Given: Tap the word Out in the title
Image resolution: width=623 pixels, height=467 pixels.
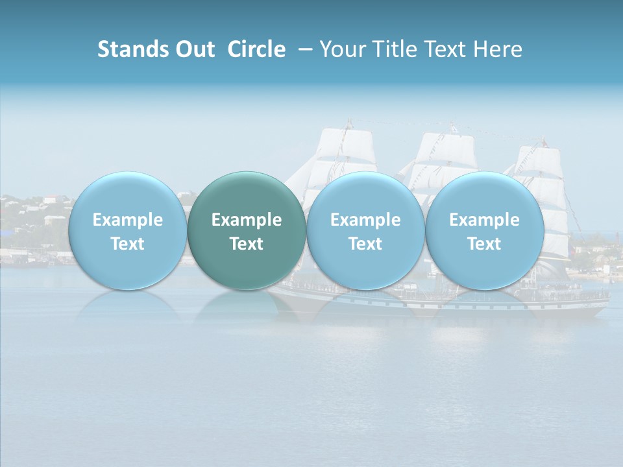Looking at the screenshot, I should (x=194, y=49).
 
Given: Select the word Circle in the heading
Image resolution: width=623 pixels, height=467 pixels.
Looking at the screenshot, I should (x=256, y=49).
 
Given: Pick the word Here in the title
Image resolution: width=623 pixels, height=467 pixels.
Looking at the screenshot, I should (x=498, y=49).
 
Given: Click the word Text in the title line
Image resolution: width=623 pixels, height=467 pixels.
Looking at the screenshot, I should (x=447, y=49).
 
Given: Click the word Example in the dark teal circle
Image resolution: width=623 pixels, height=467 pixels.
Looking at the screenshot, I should (x=247, y=220).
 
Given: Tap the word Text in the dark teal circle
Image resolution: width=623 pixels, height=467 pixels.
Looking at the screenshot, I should (x=247, y=244).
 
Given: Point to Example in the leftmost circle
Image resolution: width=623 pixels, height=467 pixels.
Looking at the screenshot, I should (x=127, y=220).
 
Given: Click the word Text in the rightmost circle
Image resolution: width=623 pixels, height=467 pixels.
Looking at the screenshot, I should (x=484, y=244).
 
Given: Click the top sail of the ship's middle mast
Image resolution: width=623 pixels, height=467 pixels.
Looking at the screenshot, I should (x=448, y=146).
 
